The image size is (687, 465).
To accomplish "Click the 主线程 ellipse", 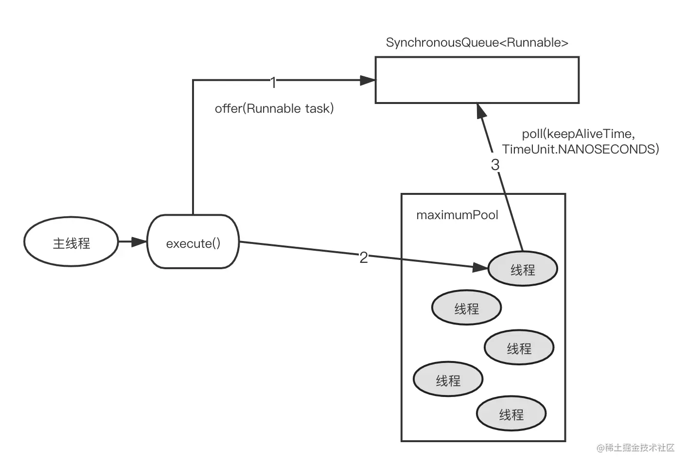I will pyautogui.click(x=71, y=242).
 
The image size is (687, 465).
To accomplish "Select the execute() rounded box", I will pyautogui.click(x=193, y=242).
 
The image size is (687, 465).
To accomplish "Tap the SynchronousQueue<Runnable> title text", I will pyautogui.click(x=476, y=43).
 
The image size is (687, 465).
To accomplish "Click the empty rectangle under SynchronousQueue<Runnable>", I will pyautogui.click(x=476, y=80).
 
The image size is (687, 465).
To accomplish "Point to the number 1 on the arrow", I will pyautogui.click(x=273, y=83).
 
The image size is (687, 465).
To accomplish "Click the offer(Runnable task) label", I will pyautogui.click(x=274, y=108).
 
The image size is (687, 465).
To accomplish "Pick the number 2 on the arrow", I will pyautogui.click(x=363, y=258).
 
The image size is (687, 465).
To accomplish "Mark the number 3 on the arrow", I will pyautogui.click(x=495, y=165).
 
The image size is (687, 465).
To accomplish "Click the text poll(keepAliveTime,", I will pyautogui.click(x=578, y=134).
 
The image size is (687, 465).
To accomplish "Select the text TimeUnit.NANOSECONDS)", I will pyautogui.click(x=581, y=149).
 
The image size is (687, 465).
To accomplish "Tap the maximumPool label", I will pyautogui.click(x=457, y=215).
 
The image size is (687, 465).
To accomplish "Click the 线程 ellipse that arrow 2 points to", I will pyautogui.click(x=523, y=269).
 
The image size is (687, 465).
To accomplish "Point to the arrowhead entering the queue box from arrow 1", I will pyautogui.click(x=368, y=80).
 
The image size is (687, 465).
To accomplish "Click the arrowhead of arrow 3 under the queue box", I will pyautogui.click(x=481, y=112).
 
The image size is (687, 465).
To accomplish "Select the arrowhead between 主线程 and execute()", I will pyautogui.click(x=140, y=241).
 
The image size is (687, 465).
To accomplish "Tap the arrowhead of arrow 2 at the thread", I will pyautogui.click(x=480, y=267).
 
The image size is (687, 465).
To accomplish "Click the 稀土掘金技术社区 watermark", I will pyautogui.click(x=635, y=448).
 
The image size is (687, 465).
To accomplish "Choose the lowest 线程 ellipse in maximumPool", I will pyautogui.click(x=511, y=414).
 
